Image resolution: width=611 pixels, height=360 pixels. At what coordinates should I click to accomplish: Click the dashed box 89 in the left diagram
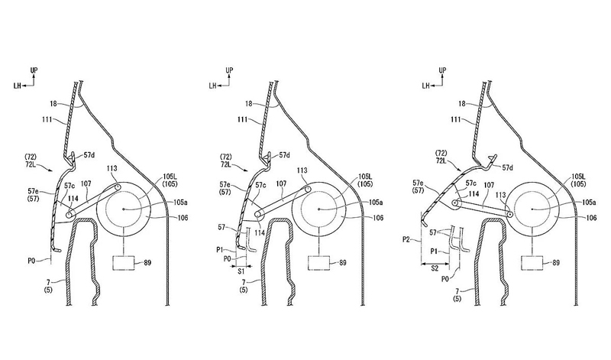tap(123, 262)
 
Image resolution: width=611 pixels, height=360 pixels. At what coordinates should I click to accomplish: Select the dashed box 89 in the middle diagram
tap(318, 262)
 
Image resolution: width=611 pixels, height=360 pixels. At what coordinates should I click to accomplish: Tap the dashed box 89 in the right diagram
tap(532, 262)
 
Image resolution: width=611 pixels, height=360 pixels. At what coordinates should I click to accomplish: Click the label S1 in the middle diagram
tap(241, 271)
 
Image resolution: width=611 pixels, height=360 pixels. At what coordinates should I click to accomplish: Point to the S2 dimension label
tap(435, 268)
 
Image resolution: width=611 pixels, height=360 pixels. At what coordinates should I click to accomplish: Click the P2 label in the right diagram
tap(406, 239)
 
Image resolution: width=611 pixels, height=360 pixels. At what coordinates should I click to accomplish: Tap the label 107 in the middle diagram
tap(280, 183)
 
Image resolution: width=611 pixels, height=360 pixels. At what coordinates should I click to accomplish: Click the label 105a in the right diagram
tap(589, 202)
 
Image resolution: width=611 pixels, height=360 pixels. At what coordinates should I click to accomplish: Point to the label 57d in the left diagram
tap(89, 155)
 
